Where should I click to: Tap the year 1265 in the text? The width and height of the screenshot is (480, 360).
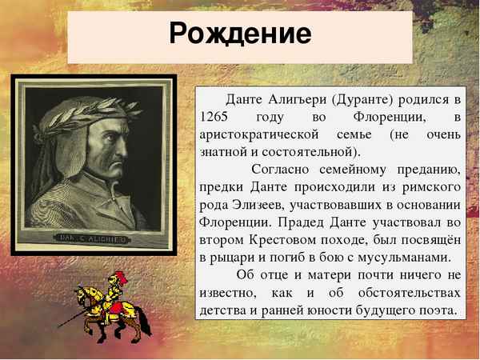pyautogui.click(x=208, y=117)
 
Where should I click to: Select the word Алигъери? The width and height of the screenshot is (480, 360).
pyautogui.click(x=290, y=99)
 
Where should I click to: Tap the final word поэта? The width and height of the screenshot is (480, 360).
pyautogui.click(x=439, y=310)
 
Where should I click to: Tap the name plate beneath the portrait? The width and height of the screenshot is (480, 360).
pyautogui.click(x=94, y=237)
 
